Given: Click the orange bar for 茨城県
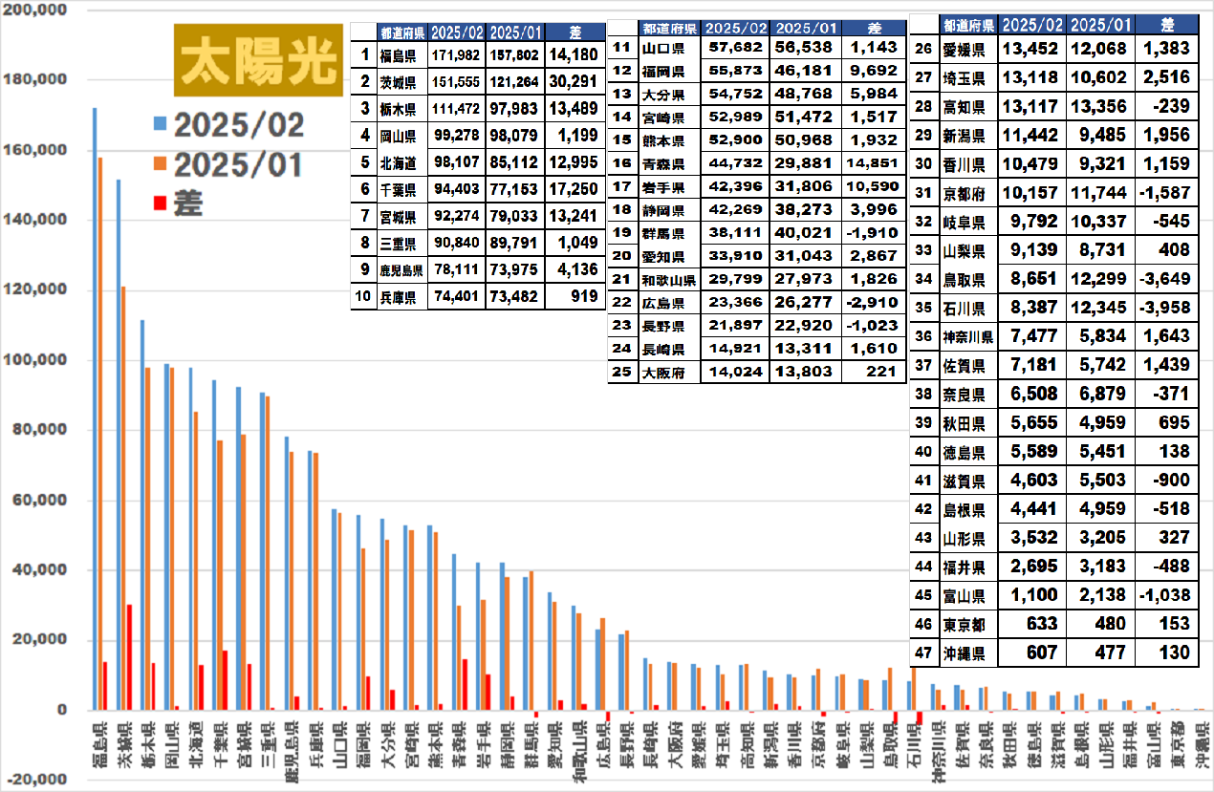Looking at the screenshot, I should pyautogui.click(x=123, y=498).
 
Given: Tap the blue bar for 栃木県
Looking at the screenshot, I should pyautogui.click(x=141, y=515).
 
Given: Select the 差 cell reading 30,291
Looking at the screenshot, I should pyautogui.click(x=574, y=81).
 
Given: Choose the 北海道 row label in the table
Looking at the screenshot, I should pyautogui.click(x=395, y=160).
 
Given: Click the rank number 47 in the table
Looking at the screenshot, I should pyautogui.click(x=923, y=653).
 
